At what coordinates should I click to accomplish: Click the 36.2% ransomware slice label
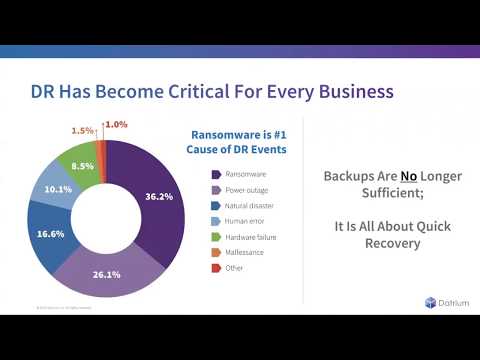pyautogui.click(x=159, y=196)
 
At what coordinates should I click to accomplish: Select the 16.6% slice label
pyautogui.click(x=49, y=233)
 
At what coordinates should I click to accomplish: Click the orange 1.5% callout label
pyautogui.click(x=82, y=131)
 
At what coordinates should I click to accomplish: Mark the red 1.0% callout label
pyautogui.click(x=116, y=124)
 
